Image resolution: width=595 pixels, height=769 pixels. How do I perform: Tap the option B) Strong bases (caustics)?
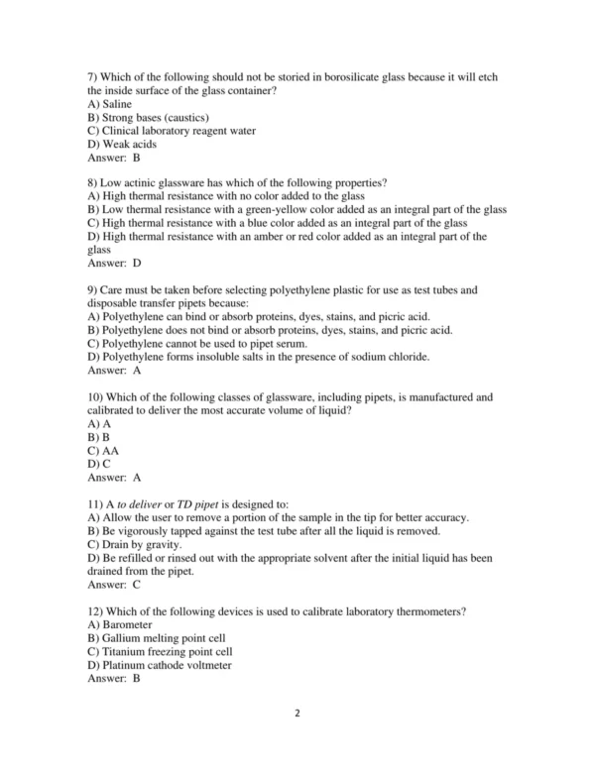149,118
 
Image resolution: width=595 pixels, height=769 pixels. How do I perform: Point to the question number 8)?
94,184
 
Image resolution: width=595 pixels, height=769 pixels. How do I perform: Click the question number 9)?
94,290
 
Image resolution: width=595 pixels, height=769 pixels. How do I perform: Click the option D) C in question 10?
99,463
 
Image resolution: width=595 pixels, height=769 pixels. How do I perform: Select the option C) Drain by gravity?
135,544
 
